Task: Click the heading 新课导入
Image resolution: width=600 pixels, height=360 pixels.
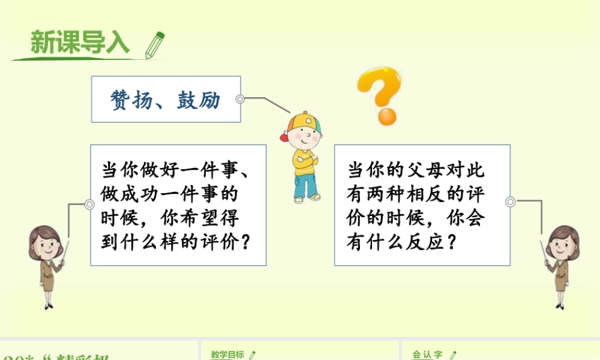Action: coord(79,43)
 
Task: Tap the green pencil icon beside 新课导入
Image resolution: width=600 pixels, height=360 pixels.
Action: coord(154,44)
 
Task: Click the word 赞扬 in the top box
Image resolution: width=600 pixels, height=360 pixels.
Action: coord(129,100)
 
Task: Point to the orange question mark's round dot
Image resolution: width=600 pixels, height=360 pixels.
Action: coord(386,116)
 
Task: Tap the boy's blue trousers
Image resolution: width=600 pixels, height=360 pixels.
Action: coord(307,183)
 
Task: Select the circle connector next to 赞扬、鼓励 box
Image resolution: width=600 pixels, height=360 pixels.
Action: coord(240,99)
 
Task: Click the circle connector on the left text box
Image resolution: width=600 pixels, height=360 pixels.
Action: coord(89,205)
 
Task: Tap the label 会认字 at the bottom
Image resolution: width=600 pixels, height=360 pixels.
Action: coord(427,355)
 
